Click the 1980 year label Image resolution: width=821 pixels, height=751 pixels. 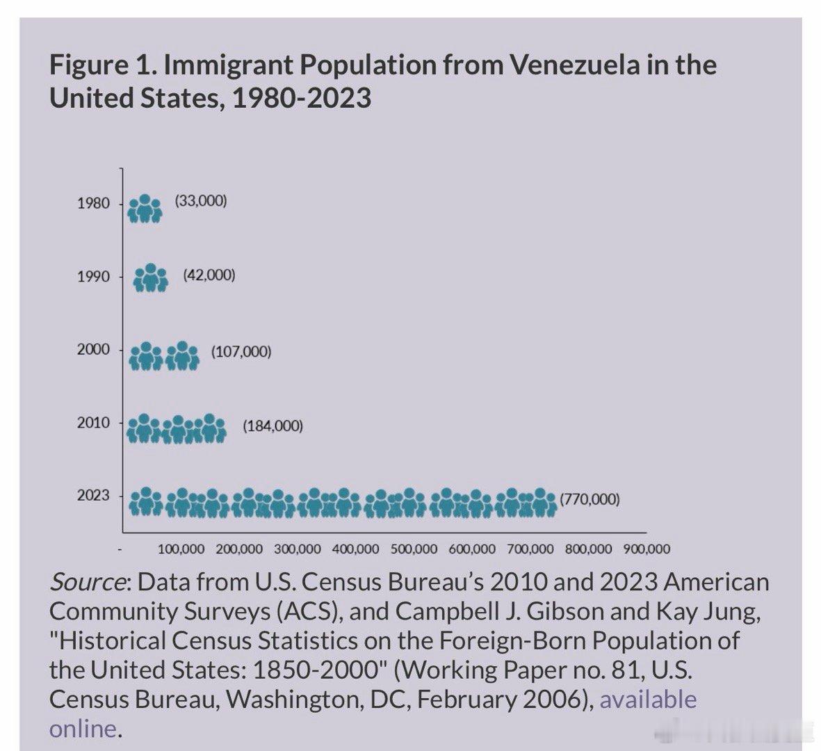click(93, 204)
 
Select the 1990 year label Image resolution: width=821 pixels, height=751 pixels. click(93, 277)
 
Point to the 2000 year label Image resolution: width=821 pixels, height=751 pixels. click(93, 350)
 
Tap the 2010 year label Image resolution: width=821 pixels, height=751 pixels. click(93, 423)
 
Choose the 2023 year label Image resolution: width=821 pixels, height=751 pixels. click(93, 496)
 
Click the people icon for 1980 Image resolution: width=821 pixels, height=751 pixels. click(145, 208)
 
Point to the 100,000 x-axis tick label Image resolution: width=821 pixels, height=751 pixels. click(181, 549)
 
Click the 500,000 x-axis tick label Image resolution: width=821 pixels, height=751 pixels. click(414, 549)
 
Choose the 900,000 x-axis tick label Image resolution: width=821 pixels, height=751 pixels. click(647, 549)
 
